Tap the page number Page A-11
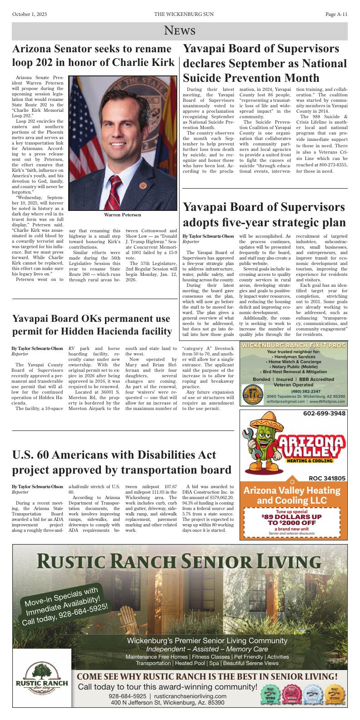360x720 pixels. point(336,15)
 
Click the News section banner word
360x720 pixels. point(180,31)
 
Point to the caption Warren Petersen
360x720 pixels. point(123,215)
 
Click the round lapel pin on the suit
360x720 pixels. point(142,185)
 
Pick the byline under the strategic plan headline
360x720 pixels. point(208,236)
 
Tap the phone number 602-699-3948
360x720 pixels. point(324,413)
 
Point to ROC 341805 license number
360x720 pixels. point(327,478)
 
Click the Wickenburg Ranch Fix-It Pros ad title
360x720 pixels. point(293,346)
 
